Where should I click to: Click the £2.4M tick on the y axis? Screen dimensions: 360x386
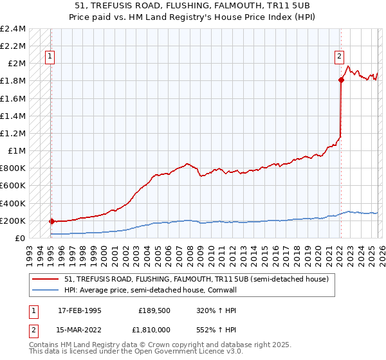(13, 29)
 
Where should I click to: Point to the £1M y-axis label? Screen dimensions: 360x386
(15, 151)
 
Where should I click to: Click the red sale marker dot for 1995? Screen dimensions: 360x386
(51, 222)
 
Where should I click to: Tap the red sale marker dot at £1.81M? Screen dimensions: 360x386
(340, 80)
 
